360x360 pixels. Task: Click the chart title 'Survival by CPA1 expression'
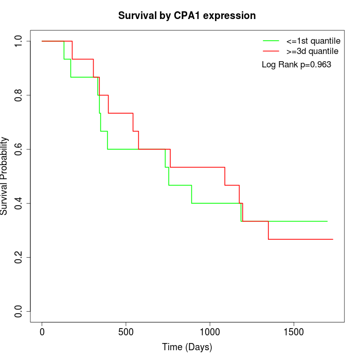187,16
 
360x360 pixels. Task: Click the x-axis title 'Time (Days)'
187,347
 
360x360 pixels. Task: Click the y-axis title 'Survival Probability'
5,176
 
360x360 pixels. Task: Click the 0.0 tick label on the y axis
19,311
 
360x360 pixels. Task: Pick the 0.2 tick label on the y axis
19,257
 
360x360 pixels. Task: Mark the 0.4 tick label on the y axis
19,203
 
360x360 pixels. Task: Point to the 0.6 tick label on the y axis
19,149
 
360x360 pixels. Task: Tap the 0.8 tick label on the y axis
19,95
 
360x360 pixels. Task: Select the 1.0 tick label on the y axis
19,41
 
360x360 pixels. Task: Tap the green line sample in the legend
272,40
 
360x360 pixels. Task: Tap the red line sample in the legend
272,51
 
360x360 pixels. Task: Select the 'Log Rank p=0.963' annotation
296,65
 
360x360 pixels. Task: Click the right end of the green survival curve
328,221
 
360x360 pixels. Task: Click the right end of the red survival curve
333,239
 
